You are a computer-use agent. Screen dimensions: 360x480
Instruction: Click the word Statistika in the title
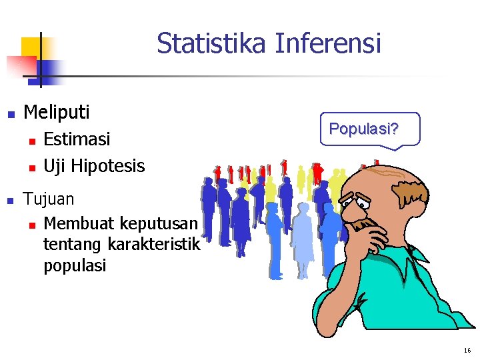pyautogui.click(x=212, y=44)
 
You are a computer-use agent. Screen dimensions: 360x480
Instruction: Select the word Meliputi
pyautogui.click(x=56, y=112)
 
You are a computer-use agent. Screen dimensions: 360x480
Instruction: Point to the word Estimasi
pyautogui.click(x=77, y=139)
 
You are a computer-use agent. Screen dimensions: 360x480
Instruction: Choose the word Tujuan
pyautogui.click(x=49, y=199)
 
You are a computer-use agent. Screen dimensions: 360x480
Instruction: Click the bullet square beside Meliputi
pyautogui.click(x=10, y=114)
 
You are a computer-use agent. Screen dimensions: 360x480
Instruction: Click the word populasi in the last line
pyautogui.click(x=74, y=266)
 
